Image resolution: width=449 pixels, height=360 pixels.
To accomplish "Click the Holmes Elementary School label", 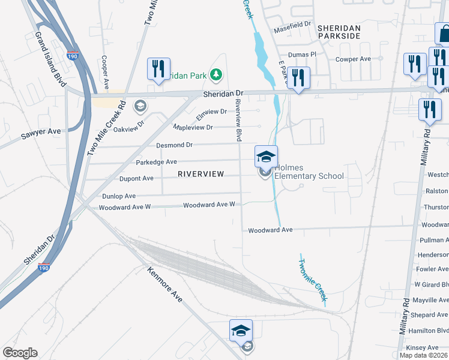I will pos(309,172).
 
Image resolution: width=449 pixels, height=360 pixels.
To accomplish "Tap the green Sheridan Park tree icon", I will pos(216,75).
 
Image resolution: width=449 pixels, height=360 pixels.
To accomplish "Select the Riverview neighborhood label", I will pos(200,174).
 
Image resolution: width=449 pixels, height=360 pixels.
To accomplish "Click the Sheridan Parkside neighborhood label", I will pos(339,32).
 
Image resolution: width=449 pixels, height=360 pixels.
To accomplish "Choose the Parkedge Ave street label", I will pos(156,162).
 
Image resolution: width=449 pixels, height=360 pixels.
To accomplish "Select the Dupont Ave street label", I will pos(136,178).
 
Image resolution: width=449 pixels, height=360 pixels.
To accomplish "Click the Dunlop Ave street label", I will pos(118,196).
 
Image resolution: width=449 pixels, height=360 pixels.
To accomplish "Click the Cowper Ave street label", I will pos(354,59).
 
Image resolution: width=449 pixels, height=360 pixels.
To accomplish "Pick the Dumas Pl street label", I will pos(303,54).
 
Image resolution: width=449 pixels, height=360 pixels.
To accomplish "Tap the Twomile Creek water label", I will pos(313,276).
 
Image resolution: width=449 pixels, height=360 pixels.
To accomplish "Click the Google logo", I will pos(20,353).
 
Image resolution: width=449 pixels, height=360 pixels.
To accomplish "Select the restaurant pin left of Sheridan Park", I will pos(159,69).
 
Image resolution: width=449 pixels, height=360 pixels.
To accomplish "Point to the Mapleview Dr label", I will pos(193,128).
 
